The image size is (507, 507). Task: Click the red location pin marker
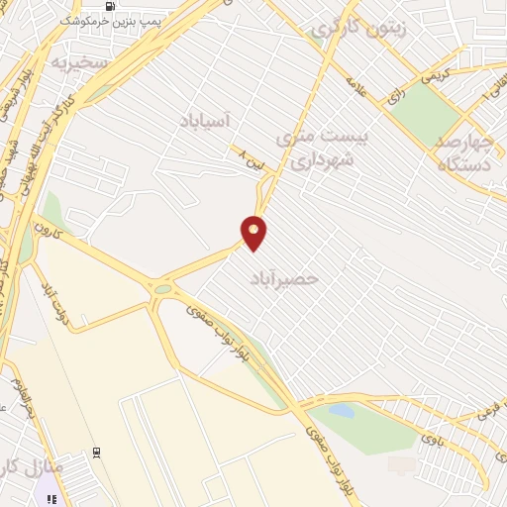pyautogui.click(x=254, y=232)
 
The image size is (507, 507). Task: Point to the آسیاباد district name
pyautogui.click(x=204, y=120)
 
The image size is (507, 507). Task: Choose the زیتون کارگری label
pyautogui.click(x=360, y=29)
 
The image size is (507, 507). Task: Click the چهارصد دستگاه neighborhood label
pyautogui.click(x=470, y=150)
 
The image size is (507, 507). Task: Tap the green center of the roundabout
pyautogui.click(x=162, y=288)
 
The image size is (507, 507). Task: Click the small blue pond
pyautogui.click(x=341, y=409)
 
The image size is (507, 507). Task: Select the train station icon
pyautogui.click(x=96, y=452)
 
